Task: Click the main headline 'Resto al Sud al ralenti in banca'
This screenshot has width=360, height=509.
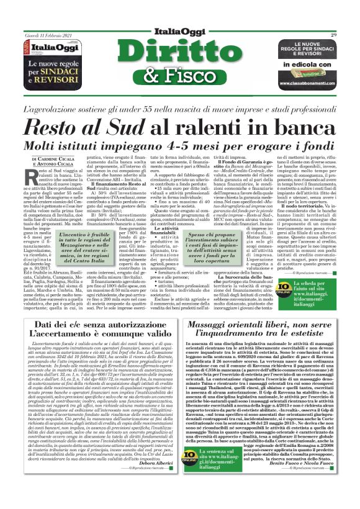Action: [x=180, y=126]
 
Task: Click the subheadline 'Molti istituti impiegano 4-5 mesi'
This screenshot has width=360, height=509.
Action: [x=180, y=146]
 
